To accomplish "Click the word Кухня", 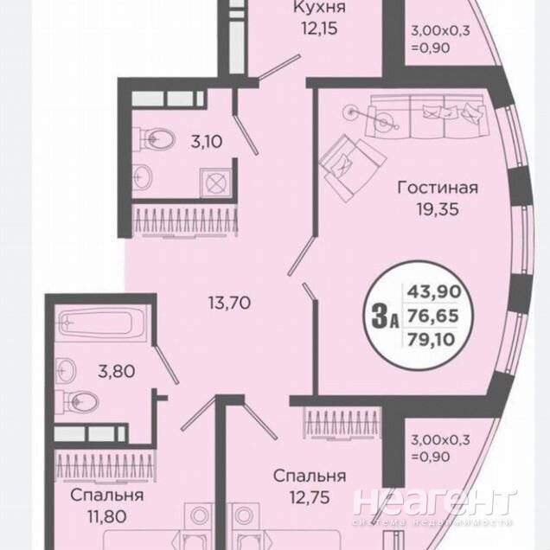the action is pyautogui.click(x=319, y=7).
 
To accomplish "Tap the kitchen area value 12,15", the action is pyautogui.click(x=320, y=29).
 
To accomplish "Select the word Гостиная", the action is pyautogui.click(x=438, y=188).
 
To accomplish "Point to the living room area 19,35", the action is pyautogui.click(x=438, y=209).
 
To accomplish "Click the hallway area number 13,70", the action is pyautogui.click(x=229, y=303).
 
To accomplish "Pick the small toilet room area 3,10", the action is pyautogui.click(x=207, y=142).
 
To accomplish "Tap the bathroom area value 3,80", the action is pyautogui.click(x=116, y=371).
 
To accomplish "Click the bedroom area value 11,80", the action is pyautogui.click(x=106, y=516).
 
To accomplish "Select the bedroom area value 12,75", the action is pyautogui.click(x=310, y=497).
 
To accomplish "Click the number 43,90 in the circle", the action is pyautogui.click(x=433, y=291).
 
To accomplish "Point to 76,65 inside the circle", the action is pyautogui.click(x=433, y=316).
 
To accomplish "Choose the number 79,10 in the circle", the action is pyautogui.click(x=431, y=339).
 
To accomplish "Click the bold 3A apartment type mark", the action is pyautogui.click(x=385, y=316).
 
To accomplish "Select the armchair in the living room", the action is pyautogui.click(x=353, y=168).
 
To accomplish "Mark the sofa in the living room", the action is pyautogui.click(x=426, y=117).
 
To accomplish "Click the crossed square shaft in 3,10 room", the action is pyautogui.click(x=215, y=183).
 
